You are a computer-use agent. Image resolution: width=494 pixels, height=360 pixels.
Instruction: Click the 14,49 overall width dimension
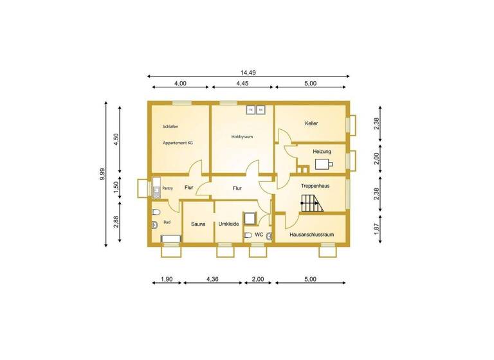[248, 72]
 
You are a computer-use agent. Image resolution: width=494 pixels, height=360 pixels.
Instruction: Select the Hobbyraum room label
[242, 136]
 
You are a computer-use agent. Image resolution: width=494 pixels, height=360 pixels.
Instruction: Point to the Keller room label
[311, 123]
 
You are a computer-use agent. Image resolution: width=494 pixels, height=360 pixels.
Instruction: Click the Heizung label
[322, 151]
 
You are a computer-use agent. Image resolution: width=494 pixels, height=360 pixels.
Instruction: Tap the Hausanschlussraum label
[311, 235]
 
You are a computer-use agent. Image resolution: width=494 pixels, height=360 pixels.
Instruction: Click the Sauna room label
[197, 224]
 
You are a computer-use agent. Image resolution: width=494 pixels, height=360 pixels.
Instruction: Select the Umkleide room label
[229, 224]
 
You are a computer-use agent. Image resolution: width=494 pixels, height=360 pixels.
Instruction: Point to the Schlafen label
[170, 127]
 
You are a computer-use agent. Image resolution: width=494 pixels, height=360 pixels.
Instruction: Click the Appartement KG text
[178, 143]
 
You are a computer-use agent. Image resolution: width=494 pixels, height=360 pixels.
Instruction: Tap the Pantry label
[167, 188]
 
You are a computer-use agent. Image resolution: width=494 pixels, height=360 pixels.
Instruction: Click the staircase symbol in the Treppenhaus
[312, 204]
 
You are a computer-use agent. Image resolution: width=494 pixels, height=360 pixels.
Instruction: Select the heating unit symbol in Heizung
[325, 163]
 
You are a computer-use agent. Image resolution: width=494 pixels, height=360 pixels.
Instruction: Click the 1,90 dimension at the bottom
[165, 279]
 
